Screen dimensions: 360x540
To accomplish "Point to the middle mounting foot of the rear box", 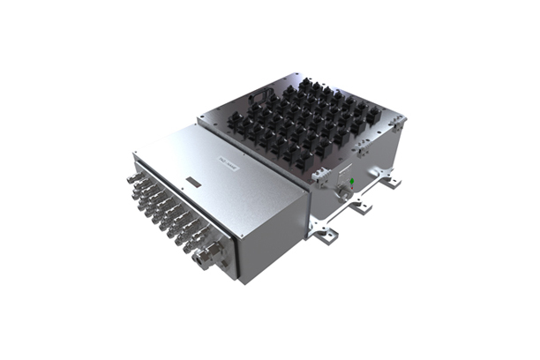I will (361, 210).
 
